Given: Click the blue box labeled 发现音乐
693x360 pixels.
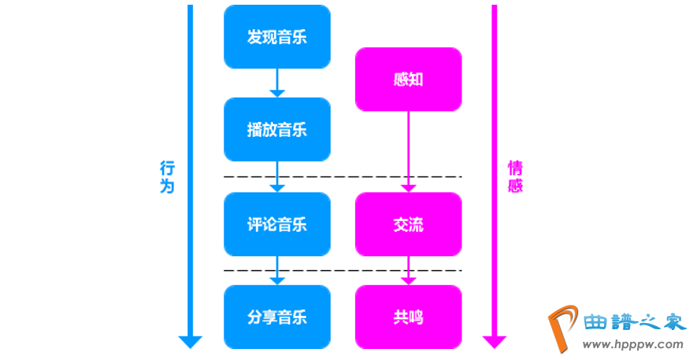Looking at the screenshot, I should [276, 37].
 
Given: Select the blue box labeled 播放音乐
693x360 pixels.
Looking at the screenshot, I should [276, 130].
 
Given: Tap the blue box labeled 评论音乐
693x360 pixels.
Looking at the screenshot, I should [276, 225].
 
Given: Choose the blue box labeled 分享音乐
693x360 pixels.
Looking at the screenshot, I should [276, 317].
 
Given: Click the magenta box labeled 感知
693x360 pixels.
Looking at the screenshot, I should [408, 80].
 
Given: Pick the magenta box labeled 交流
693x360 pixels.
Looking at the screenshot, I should [408, 225].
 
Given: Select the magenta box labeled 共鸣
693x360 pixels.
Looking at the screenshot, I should [408, 317].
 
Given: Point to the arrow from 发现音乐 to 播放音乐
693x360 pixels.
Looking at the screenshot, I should [276, 83].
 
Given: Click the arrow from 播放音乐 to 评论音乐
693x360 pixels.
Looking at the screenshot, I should [276, 176].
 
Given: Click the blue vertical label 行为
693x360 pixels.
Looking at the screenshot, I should [167, 177].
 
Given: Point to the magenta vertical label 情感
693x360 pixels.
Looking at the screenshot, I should [515, 177].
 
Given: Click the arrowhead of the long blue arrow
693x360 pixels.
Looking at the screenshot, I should [190, 342].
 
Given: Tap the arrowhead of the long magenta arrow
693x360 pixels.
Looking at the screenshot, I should [494, 342].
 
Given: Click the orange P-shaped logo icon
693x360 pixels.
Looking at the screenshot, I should [561, 328].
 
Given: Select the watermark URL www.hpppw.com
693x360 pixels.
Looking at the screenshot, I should [633, 344].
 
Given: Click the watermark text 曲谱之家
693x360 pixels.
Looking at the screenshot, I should [633, 321].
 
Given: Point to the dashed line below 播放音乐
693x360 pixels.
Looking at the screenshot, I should [343, 176].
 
